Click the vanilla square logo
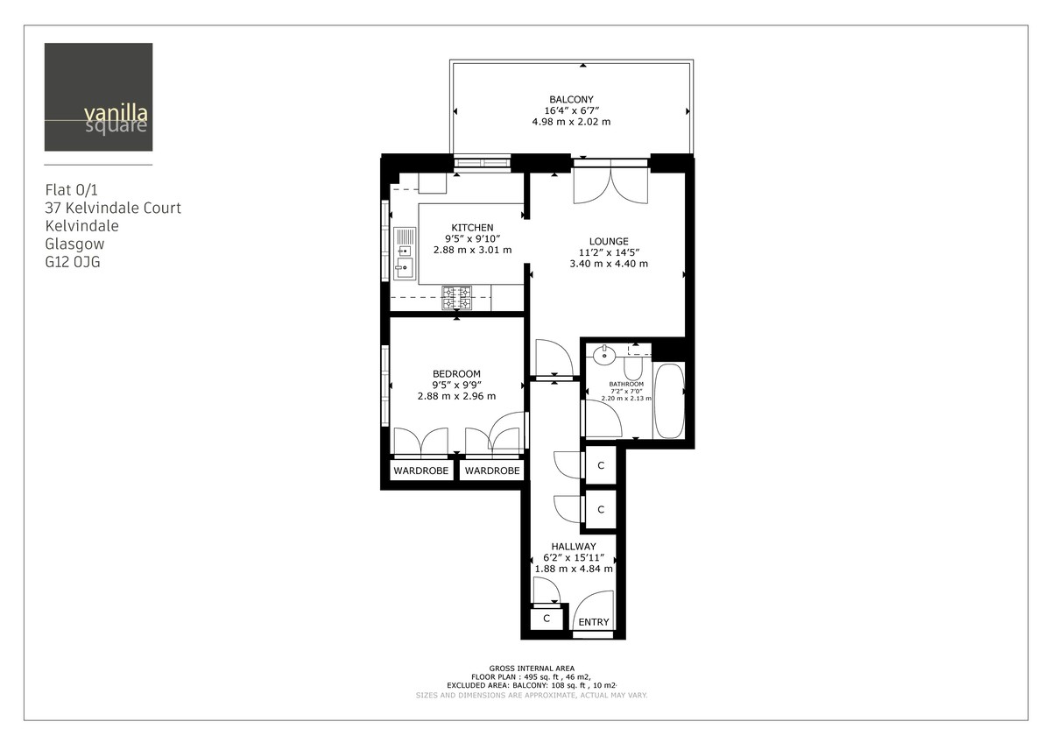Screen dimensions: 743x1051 coord(98,97)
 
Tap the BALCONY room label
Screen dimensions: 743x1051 coord(571,100)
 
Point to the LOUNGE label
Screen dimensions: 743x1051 coord(609,241)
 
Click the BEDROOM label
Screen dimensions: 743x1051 coord(456,374)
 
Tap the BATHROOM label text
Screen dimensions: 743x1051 coord(626,384)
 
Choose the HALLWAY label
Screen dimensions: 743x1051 coord(574,546)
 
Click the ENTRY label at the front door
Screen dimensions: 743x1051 coord(594,622)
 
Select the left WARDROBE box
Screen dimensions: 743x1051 coord(420,471)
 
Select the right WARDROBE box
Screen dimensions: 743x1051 coord(492,471)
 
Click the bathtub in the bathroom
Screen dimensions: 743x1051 coord(669,400)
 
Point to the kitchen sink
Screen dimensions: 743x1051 coord(405,254)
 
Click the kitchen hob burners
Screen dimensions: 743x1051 coord(456,298)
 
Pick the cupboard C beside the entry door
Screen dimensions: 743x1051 coord(547,619)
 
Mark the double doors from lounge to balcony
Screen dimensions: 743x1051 coord(610,182)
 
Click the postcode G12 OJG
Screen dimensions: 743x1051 coord(73,261)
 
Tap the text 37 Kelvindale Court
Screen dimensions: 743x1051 coord(113,208)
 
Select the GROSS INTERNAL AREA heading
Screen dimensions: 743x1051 coord(532,668)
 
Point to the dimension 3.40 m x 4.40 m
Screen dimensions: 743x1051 coord(609,263)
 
